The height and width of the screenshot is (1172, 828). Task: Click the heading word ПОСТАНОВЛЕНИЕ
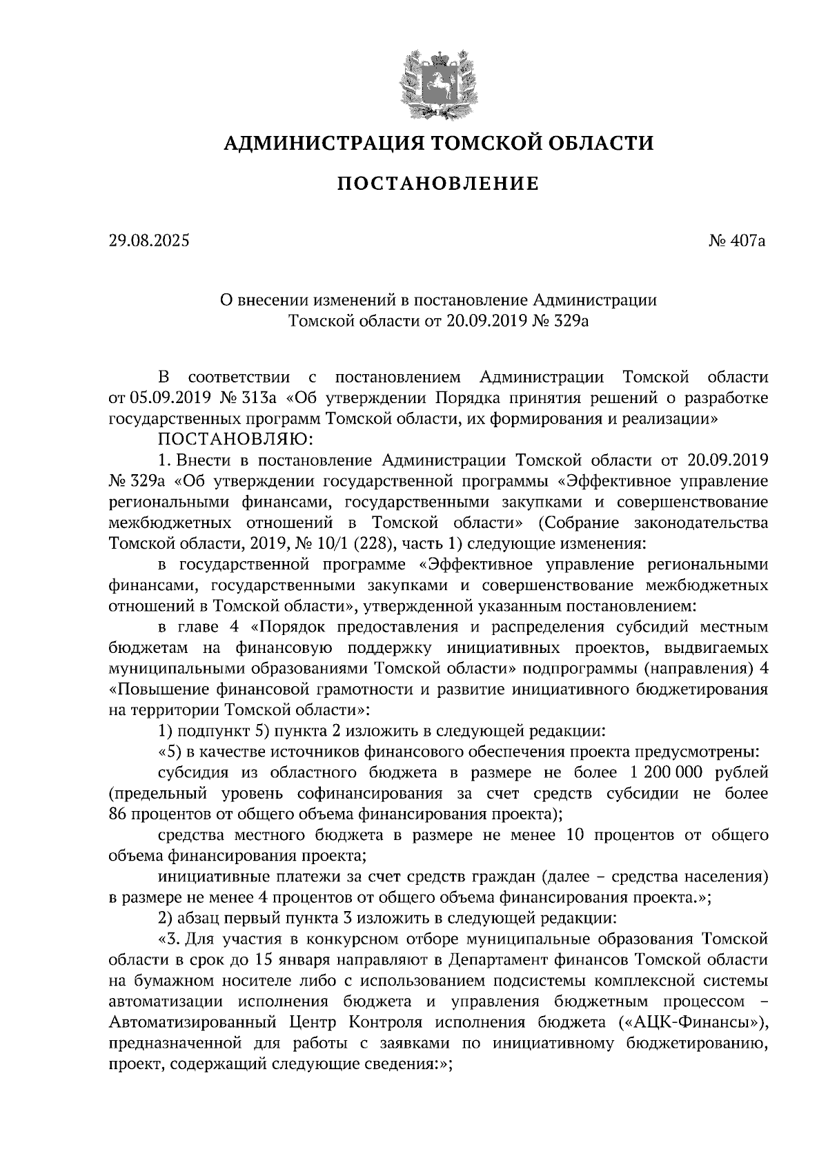pyautogui.click(x=437, y=184)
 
